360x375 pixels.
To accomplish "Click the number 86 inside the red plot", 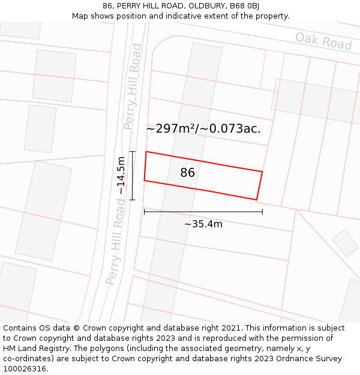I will coord(188,173).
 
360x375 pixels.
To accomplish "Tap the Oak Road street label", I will coord(323,41).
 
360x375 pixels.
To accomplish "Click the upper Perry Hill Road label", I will coord(133,86).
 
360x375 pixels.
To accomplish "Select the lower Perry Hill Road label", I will coord(116,241).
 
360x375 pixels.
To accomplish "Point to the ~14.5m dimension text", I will coord(121,175).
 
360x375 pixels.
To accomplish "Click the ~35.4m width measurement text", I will coord(203,224).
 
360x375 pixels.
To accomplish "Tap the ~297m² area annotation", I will coord(203,128).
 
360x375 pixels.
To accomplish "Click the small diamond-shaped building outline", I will coord(346,243).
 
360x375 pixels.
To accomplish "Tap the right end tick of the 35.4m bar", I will coord(262,211).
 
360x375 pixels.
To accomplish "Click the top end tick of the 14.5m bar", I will coord(133,152).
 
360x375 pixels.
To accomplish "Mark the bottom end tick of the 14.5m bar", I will coord(133,199).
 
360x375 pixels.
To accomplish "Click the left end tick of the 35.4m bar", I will coord(144,211).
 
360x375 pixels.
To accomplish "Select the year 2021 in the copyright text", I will coord(231,328).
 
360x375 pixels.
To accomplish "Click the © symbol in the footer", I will coord(76,328).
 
